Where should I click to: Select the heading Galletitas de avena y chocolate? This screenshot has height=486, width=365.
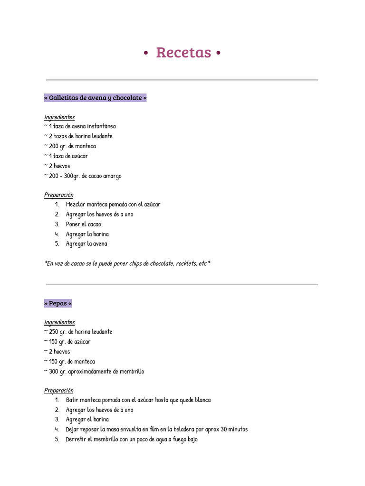pos(95,98)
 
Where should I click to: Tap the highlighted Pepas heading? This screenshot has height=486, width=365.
pos(58,303)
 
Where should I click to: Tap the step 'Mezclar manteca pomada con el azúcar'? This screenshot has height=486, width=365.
pos(113,205)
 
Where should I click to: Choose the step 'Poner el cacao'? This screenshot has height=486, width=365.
pos(84,224)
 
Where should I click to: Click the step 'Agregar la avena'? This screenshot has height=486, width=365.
pos(86,244)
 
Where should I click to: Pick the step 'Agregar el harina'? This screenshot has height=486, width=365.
pos(87,420)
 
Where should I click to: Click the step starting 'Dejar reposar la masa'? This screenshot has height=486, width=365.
pos(157,430)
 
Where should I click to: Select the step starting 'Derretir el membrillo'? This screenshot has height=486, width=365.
pos(132,439)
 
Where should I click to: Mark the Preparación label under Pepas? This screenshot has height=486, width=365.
pos(59,391)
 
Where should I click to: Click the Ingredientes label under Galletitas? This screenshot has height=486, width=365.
pos(59,117)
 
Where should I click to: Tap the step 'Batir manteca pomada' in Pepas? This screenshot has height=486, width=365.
pos(138,400)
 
